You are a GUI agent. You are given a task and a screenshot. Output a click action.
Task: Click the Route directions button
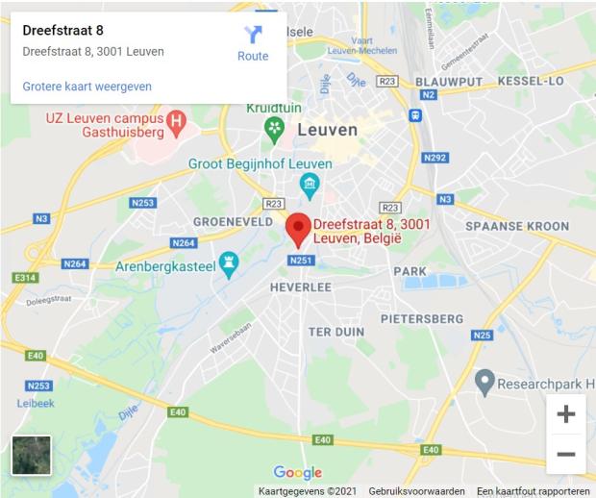(x=253, y=42)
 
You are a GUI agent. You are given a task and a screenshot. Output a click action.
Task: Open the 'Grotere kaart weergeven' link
(x=87, y=87)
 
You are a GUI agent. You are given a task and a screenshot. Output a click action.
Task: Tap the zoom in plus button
(x=566, y=414)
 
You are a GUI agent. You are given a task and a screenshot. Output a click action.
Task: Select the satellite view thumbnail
(x=31, y=455)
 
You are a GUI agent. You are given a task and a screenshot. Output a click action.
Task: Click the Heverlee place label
(x=300, y=286)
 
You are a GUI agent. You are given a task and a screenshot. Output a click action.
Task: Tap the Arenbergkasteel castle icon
(x=229, y=261)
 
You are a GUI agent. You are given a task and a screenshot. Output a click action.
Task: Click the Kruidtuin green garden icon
(x=276, y=126)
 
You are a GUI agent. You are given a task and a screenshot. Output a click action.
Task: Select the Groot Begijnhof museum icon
(x=310, y=183)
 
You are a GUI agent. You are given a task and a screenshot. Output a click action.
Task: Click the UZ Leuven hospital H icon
(x=176, y=121)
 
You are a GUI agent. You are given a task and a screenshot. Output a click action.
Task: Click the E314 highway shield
(x=25, y=278)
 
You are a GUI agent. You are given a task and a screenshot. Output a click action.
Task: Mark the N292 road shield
(x=435, y=158)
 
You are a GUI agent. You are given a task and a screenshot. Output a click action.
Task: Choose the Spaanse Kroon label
(x=517, y=227)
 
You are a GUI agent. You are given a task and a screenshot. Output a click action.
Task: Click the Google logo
(x=298, y=472)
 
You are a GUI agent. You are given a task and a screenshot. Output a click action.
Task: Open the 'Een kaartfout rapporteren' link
(x=533, y=491)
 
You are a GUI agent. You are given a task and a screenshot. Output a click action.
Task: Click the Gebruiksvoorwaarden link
(x=416, y=491)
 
